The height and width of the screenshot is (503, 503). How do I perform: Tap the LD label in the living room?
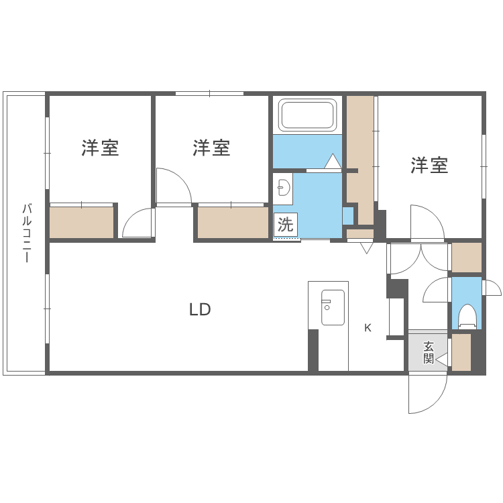200,310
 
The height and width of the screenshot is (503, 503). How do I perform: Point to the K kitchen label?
368,328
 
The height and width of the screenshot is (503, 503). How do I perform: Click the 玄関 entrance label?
429,352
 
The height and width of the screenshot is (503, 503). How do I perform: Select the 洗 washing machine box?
285,224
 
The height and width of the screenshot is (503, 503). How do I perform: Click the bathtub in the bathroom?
308,115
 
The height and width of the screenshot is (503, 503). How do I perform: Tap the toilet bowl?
467,316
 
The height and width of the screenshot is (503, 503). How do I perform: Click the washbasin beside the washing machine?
283,188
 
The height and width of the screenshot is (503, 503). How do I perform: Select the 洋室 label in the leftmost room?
101,148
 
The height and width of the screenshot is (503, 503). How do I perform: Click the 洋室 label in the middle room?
212,148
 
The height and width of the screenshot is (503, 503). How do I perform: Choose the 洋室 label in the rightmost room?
430,166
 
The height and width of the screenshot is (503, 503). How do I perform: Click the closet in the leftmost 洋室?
81,222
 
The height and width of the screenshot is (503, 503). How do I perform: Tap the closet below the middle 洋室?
233,222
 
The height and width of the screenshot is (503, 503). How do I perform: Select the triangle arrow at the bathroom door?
332,162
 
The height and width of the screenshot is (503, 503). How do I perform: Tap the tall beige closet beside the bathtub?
360,154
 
